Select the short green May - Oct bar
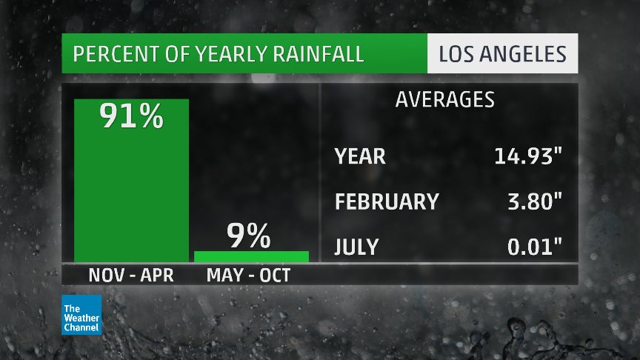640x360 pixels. pyautogui.click(x=251, y=256)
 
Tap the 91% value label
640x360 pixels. pyautogui.click(x=131, y=117)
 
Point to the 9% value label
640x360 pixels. pyautogui.click(x=249, y=237)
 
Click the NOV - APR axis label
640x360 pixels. pyautogui.click(x=131, y=275)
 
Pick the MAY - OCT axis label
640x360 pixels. pyautogui.click(x=249, y=275)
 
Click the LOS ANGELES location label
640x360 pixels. pyautogui.click(x=502, y=55)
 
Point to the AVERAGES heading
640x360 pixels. pyautogui.click(x=444, y=100)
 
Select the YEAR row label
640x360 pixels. pyautogui.click(x=360, y=156)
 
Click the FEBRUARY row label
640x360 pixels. pyautogui.click(x=387, y=201)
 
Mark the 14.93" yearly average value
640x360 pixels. pyautogui.click(x=527, y=156)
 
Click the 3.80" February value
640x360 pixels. pyautogui.click(x=533, y=201)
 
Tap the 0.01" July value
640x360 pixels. pyautogui.click(x=533, y=246)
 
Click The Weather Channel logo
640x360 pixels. pyautogui.click(x=81, y=315)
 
